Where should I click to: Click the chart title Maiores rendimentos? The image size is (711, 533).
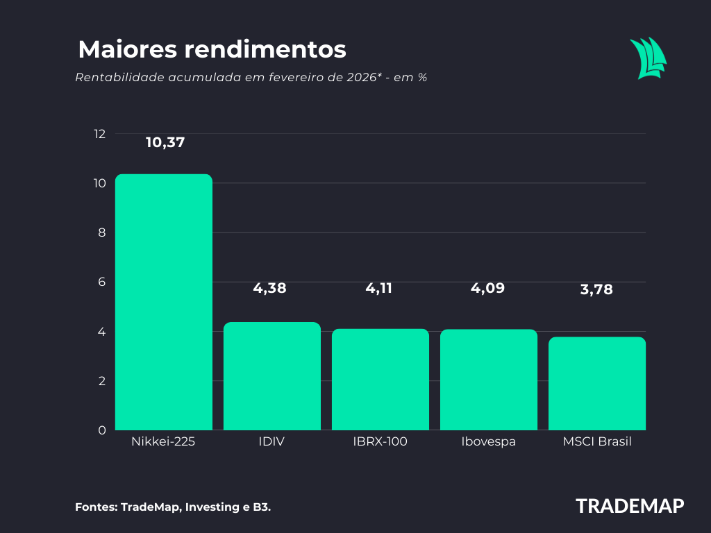(x=212, y=50)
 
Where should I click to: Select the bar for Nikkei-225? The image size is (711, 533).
(x=163, y=302)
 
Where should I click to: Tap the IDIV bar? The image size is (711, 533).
(x=271, y=376)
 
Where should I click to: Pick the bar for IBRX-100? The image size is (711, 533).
(x=380, y=380)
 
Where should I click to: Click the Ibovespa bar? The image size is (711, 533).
(x=488, y=380)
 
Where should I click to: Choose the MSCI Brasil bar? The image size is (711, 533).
(x=596, y=383)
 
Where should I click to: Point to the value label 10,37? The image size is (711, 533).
(x=165, y=142)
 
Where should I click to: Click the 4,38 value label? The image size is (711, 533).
(x=269, y=289)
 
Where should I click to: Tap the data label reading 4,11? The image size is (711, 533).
(x=379, y=289)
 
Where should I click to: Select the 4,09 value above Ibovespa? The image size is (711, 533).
(x=487, y=289)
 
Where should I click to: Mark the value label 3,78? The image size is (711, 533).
(x=596, y=290)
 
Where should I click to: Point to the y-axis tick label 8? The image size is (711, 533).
(x=101, y=232)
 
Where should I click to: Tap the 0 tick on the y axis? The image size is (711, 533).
(x=101, y=430)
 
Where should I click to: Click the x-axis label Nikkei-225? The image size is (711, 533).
(x=163, y=442)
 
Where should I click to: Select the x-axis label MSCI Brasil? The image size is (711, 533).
(x=597, y=442)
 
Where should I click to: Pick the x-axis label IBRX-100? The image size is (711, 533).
(x=380, y=442)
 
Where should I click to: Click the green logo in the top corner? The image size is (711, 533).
(x=648, y=59)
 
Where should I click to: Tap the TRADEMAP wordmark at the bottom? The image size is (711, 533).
(x=630, y=506)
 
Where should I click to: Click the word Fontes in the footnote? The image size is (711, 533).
(x=95, y=507)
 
